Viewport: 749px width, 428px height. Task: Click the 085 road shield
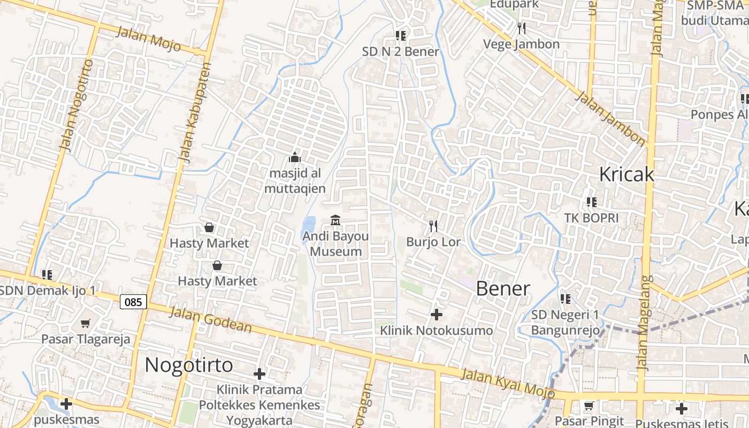133,302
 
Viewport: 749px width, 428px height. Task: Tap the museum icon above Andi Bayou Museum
335,220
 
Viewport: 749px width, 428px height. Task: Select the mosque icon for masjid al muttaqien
294,157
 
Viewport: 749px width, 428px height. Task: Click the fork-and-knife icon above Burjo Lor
433,226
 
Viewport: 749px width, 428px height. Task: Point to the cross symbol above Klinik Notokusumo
437,314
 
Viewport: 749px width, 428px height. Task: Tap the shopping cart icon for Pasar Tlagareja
85,323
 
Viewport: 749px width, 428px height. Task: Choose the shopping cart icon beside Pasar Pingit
589,406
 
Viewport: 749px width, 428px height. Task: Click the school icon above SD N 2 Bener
400,36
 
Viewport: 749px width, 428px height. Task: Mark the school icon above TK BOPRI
591,202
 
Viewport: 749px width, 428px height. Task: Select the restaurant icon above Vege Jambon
522,28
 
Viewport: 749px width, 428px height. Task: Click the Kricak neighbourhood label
626,174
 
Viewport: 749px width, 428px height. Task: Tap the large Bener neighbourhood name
503,289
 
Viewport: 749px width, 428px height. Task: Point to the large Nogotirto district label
189,365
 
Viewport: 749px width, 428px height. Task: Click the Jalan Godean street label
210,320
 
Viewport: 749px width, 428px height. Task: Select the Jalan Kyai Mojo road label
508,382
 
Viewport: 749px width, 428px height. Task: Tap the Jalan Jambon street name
610,118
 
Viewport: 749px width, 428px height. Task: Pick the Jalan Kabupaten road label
193,112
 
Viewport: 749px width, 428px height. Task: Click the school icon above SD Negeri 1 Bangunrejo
565,299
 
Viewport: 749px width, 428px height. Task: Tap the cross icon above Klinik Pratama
259,373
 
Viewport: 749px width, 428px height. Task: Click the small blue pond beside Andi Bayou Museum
309,227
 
